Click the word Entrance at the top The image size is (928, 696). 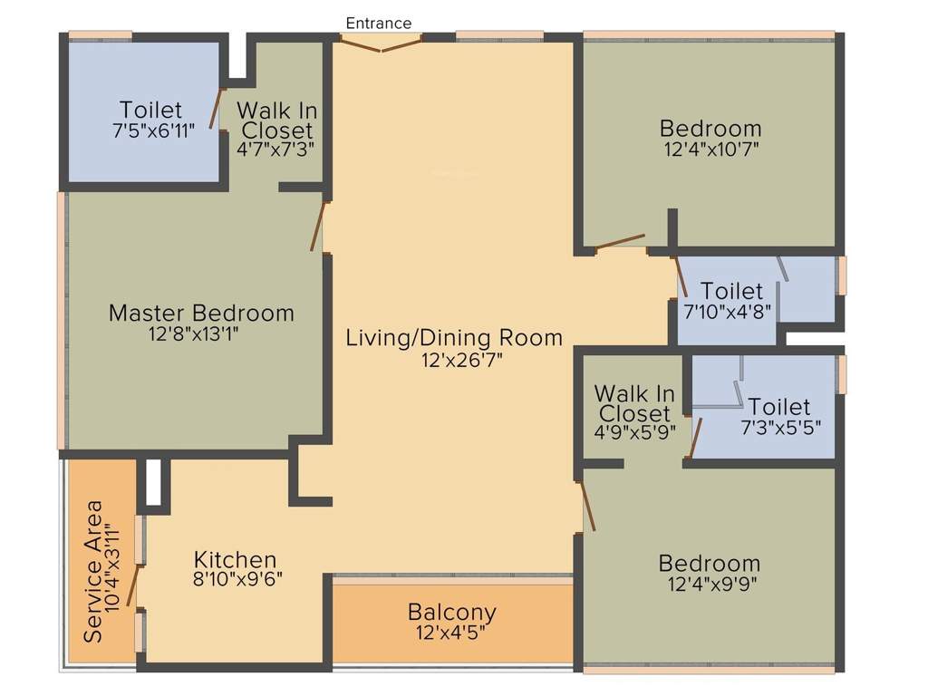[379, 23]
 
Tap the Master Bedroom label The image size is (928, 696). [201, 314]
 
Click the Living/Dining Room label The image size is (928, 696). [454, 338]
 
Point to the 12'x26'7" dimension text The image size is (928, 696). [454, 360]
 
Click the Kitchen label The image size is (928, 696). [235, 559]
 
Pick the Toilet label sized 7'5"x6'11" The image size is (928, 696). [150, 110]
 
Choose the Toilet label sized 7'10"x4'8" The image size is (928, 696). [732, 292]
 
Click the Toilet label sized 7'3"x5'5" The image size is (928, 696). [779, 406]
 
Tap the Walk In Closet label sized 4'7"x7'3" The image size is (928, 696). [276, 121]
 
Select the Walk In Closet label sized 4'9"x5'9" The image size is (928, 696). [634, 404]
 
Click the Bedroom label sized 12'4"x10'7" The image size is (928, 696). [710, 128]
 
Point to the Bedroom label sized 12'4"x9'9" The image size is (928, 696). [710, 563]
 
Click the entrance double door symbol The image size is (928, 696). [381, 43]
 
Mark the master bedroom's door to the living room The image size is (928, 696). [318, 226]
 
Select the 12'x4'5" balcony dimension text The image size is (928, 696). [451, 633]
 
